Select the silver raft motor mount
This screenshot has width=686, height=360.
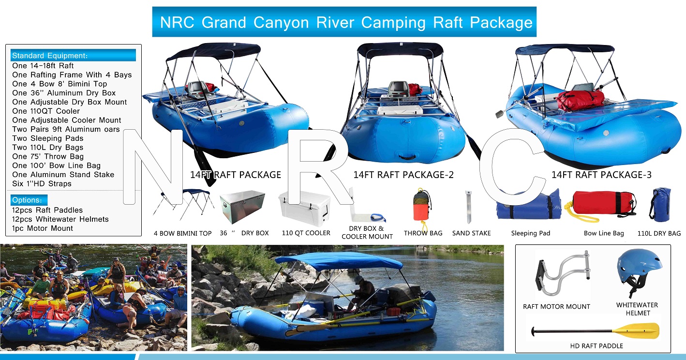click(562, 273)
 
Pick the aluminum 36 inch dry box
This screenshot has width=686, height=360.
click(242, 206)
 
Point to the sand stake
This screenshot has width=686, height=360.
click(468, 207)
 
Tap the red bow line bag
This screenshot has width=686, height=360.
click(602, 204)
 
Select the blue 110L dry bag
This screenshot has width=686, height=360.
click(660, 205)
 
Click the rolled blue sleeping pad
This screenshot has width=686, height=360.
click(528, 205)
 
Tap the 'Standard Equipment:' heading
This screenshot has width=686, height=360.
click(50, 56)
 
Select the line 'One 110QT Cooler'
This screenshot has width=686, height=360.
click(46, 111)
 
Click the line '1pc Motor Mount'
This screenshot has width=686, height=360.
click(42, 228)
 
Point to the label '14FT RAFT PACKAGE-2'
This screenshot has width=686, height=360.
click(403, 175)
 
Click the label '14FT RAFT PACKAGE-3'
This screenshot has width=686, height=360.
click(601, 175)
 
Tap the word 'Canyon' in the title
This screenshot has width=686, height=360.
click(281, 23)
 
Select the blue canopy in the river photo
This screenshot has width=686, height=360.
click(339, 261)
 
